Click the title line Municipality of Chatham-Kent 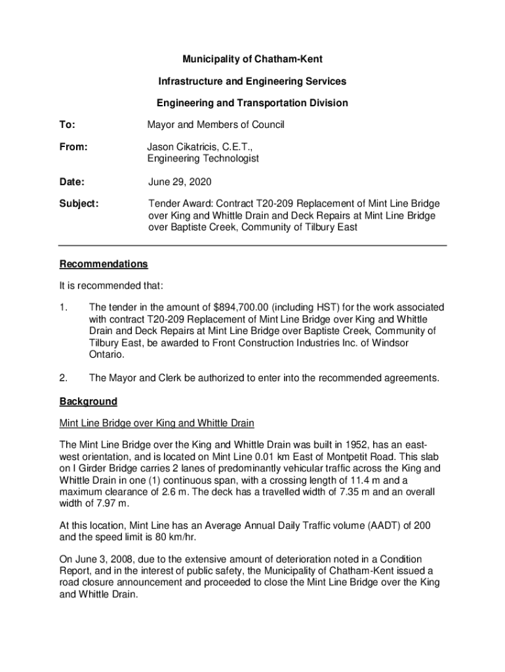[252, 60]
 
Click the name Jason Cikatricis [184, 147]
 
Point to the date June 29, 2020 [179, 181]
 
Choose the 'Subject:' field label [79, 204]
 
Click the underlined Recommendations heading [104, 264]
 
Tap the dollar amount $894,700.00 [245, 307]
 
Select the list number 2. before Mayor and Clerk [64, 378]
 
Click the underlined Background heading [89, 401]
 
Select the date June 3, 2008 [105, 559]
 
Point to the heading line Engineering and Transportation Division [252, 103]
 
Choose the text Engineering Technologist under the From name [203, 158]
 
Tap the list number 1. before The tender [64, 307]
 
